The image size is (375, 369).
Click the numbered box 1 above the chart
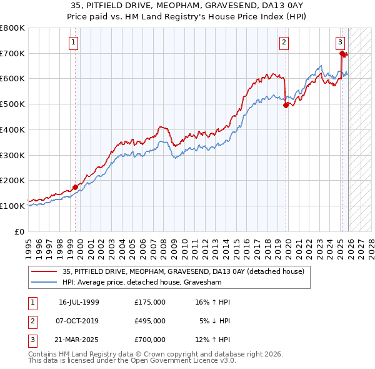point(74,43)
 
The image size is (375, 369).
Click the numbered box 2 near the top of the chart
point(284,43)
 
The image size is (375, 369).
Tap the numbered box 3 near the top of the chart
point(340,43)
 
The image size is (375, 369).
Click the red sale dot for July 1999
point(76,186)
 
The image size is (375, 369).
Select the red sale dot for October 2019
point(286,105)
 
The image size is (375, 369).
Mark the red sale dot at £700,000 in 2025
point(342,54)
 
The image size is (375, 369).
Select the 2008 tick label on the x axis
point(164,245)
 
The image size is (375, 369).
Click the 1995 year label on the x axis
point(28,245)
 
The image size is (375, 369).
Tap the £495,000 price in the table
point(149,321)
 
